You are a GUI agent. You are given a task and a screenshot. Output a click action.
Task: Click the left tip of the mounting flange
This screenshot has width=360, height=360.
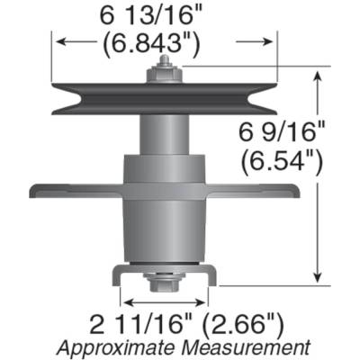(34, 192)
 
